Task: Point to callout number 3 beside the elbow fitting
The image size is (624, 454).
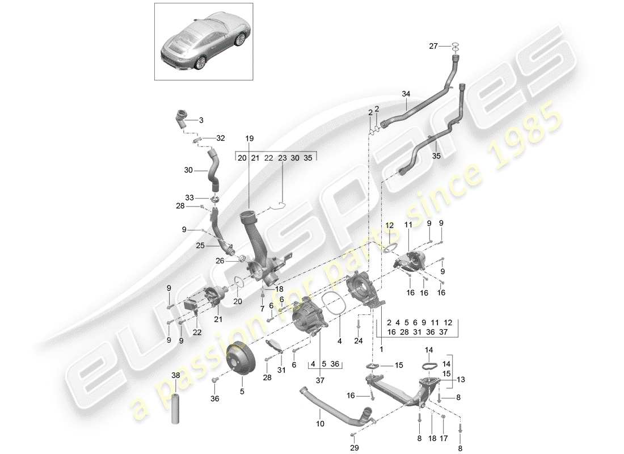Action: [x=200, y=120]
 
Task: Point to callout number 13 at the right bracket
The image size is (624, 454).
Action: [x=460, y=379]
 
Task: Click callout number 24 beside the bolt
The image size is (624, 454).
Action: [x=358, y=341]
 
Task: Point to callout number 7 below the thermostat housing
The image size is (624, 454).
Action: [x=262, y=308]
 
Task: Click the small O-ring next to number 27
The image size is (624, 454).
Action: [x=455, y=47]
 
